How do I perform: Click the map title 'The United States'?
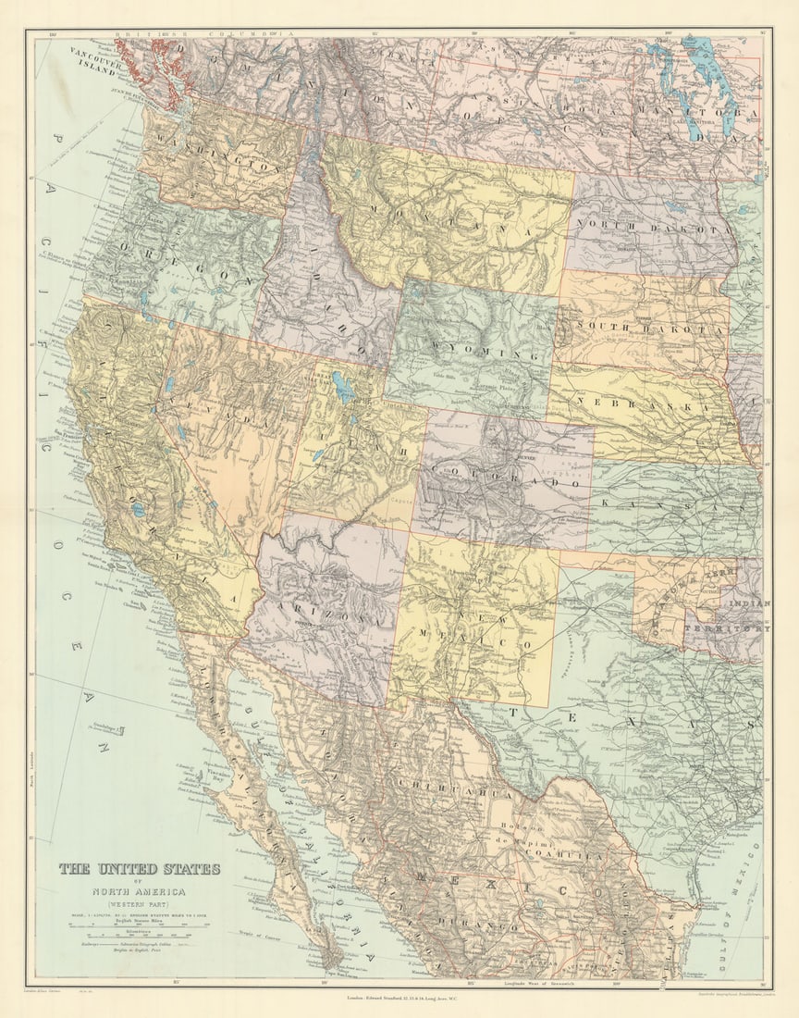(140, 869)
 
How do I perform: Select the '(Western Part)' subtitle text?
(140, 903)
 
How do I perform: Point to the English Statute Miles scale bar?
(139, 925)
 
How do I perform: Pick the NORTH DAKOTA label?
(652, 229)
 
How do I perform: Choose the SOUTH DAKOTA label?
(652, 327)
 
